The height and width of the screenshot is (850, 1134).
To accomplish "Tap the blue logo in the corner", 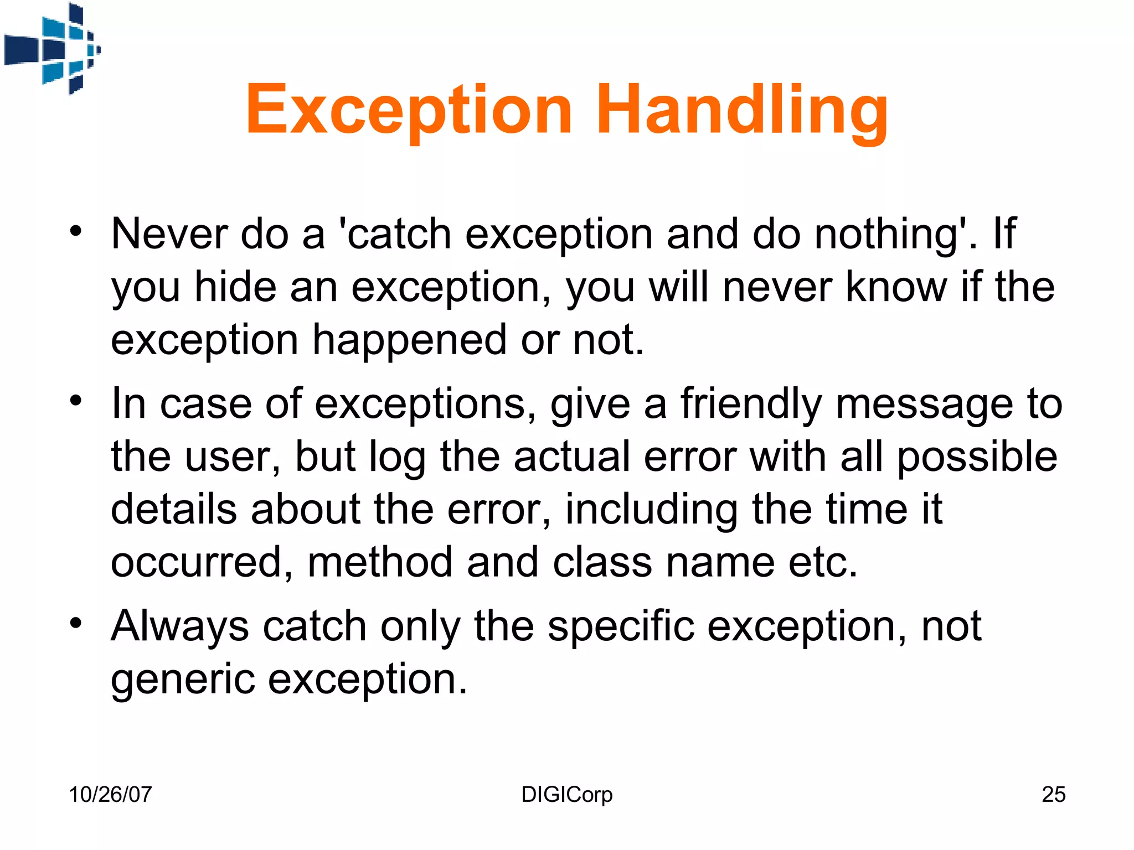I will click(53, 49).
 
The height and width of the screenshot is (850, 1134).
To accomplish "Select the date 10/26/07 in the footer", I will click(110, 795).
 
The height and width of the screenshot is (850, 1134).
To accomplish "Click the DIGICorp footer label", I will click(566, 795).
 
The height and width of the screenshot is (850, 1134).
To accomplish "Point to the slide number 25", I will click(1053, 795).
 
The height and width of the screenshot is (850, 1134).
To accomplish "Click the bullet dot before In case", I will click(76, 400).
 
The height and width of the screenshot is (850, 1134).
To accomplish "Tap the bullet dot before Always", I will click(76, 623).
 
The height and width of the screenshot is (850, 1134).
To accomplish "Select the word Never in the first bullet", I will click(169, 234).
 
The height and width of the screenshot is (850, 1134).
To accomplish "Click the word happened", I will click(409, 340).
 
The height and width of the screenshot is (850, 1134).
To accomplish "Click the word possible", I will click(977, 457).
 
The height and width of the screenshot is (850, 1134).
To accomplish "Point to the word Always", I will click(180, 627).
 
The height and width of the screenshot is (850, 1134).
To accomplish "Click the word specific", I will click(620, 627).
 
